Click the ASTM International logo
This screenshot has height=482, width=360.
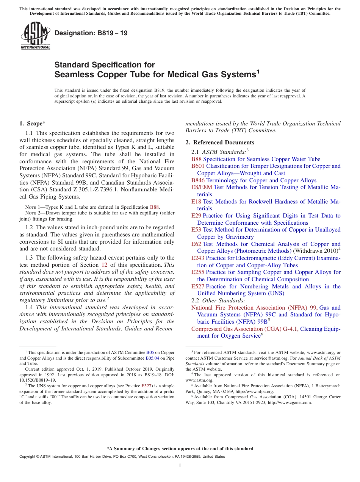pos(35,36)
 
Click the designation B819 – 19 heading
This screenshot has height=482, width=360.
pos(91,33)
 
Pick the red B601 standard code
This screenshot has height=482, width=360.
pos(198,166)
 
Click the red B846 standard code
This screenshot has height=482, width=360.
pos(198,181)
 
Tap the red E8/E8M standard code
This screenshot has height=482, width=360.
pos(202,188)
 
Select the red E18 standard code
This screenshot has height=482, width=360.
pos(196,202)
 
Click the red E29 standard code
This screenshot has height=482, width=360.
pos(196,216)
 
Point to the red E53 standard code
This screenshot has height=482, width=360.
pos(196,230)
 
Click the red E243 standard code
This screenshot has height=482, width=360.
pos(198,258)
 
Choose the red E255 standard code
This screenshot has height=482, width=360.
pos(198,272)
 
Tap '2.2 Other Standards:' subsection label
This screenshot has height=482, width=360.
pos(218,300)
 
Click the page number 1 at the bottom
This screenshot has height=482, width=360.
pos(180,466)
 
